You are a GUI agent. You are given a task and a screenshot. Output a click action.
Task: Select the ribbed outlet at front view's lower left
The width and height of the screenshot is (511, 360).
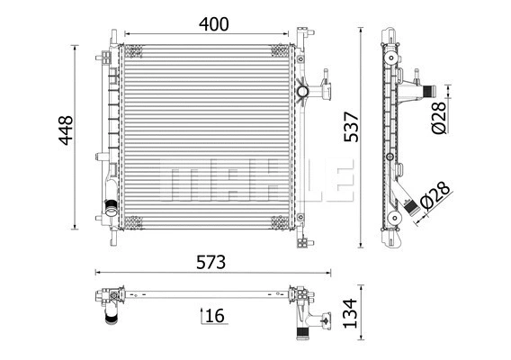[112, 212]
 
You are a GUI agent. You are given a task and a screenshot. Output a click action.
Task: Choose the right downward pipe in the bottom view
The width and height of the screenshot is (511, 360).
[302, 331]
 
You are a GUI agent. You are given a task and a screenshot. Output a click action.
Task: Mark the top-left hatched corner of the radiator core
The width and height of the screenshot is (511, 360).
[131, 50]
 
